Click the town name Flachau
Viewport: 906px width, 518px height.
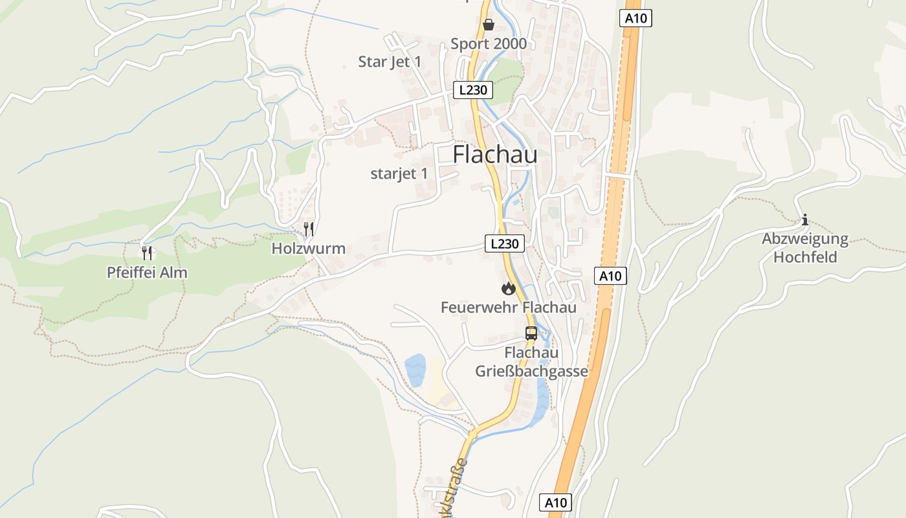[x=494, y=154]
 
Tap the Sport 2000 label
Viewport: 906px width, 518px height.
[x=489, y=44]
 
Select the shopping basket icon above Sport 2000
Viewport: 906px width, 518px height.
[x=489, y=25]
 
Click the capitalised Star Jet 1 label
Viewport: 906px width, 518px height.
[x=390, y=62]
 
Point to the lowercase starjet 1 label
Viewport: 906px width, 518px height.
[x=399, y=174]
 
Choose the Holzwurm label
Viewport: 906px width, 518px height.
[x=309, y=249]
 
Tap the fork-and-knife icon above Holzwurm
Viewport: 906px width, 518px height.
[x=309, y=229]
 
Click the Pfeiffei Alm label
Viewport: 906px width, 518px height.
[x=147, y=273]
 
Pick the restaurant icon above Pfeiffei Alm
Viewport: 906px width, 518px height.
[x=147, y=253]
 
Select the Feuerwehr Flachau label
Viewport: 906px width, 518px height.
[x=509, y=307]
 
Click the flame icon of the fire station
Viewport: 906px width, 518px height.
[x=509, y=288]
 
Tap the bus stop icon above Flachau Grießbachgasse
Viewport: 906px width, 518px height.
[x=531, y=333]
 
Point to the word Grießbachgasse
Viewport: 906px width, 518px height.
[x=532, y=372]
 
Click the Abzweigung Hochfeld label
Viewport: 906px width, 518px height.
[x=805, y=248]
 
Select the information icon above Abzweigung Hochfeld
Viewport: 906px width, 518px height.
[x=805, y=220]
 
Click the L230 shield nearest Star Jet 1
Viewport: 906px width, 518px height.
[x=473, y=89]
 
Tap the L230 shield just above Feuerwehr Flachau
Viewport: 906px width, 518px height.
[x=505, y=243]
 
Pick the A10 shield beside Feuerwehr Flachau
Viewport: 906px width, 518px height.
[x=610, y=276]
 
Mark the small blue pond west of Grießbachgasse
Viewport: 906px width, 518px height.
[x=415, y=370]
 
